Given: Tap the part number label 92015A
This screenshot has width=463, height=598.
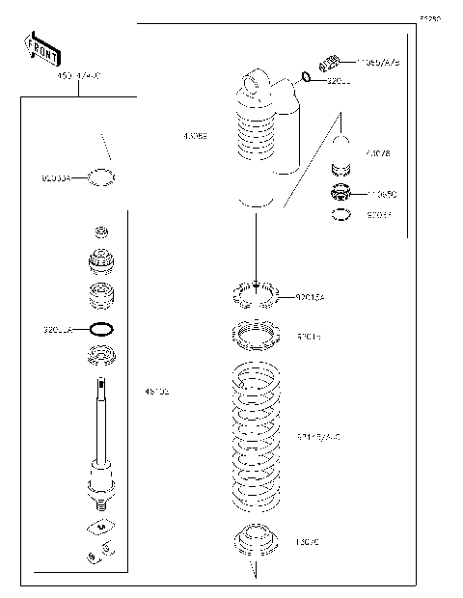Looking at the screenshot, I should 311,298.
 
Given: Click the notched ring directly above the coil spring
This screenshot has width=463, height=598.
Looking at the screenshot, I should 256,337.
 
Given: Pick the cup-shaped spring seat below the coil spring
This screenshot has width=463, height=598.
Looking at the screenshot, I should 256,543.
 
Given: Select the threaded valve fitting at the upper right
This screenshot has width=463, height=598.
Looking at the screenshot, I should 330,65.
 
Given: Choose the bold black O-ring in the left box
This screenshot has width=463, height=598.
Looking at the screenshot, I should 101,328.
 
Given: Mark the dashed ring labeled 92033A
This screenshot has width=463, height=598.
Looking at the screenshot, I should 101,177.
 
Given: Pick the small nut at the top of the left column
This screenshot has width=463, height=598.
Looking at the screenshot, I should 101,232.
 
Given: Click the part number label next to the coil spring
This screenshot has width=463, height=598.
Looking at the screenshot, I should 318,437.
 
